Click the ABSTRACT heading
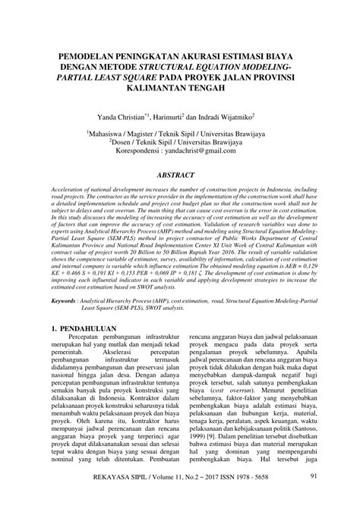(180, 175)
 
